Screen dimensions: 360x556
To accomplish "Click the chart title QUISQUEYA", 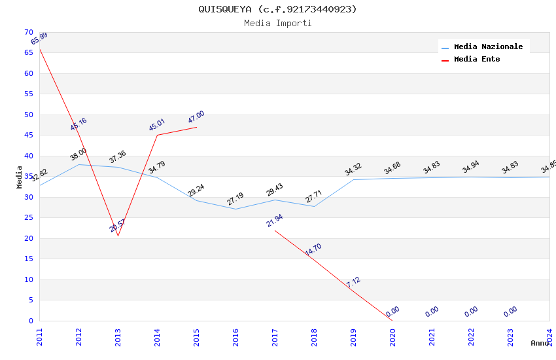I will click(x=278, y=9).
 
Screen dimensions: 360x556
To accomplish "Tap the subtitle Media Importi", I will click(x=278, y=24).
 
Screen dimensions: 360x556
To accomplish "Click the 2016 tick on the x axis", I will click(x=235, y=336).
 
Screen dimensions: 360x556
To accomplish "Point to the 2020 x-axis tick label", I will click(x=392, y=336).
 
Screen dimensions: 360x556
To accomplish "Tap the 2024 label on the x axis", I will click(x=549, y=336).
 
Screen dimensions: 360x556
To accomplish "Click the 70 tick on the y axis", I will click(x=28, y=32).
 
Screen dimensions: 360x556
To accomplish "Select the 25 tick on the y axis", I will click(x=28, y=218).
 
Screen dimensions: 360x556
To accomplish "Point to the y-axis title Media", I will click(x=20, y=177).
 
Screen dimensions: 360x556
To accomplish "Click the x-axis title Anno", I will click(x=540, y=343).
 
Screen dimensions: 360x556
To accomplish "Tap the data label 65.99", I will click(x=39, y=39).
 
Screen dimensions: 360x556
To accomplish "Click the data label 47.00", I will click(x=196, y=117).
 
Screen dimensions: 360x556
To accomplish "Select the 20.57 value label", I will click(x=118, y=226).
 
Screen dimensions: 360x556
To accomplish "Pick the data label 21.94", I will click(x=275, y=221).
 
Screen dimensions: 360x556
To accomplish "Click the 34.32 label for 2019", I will click(x=353, y=170).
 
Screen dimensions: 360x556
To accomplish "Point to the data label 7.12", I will click(x=353, y=282).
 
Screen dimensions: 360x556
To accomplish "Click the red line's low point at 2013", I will click(x=118, y=236).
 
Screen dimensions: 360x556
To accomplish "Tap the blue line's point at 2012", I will click(x=78, y=164).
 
